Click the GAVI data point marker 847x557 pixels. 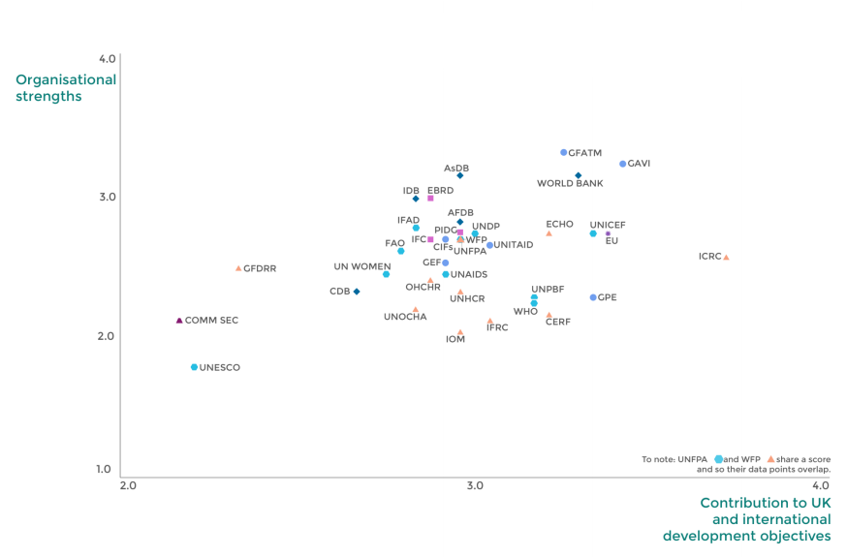623,164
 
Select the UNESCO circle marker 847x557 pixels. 195,367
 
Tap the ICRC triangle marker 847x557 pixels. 726,257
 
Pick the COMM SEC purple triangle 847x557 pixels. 179,320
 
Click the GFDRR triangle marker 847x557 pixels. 238,267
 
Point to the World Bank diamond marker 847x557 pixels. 579,175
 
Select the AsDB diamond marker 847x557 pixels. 460,175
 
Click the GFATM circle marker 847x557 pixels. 564,152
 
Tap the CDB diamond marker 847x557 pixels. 357,291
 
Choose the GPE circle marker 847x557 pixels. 593,297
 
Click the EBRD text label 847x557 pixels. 440,190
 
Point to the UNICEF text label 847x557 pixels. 608,225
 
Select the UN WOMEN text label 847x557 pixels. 362,266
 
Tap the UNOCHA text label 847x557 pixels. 405,317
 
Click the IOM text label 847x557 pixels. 455,339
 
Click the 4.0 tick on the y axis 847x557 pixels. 107,59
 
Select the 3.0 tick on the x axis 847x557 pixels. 475,484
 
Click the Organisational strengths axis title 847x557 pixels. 66,87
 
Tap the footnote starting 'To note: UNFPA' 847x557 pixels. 735,463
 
